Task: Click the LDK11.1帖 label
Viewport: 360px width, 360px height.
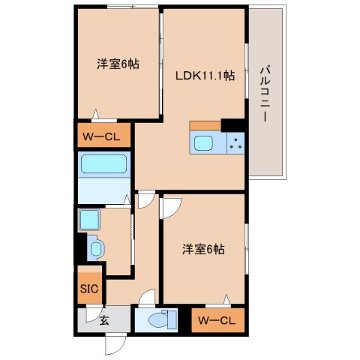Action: (x=205, y=76)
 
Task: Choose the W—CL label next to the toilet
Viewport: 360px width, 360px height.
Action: (x=217, y=320)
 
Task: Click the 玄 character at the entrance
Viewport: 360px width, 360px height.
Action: (x=104, y=320)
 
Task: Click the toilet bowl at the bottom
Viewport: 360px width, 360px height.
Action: (x=158, y=320)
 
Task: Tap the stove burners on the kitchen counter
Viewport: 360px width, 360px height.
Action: (x=235, y=142)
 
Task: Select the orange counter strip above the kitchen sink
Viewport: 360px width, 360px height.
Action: (x=205, y=125)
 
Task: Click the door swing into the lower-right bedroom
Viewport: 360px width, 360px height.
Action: (x=170, y=207)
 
